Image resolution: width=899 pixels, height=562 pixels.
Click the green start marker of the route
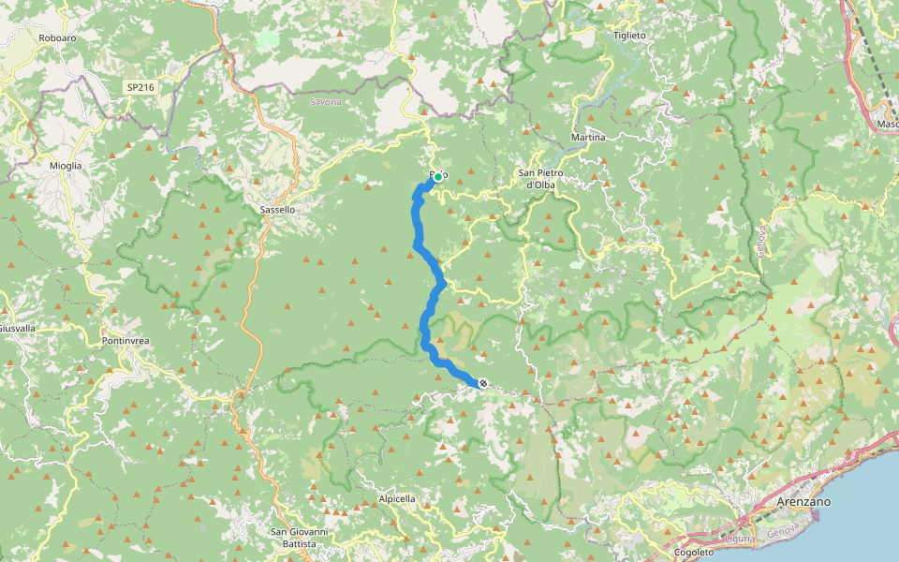click(437, 176)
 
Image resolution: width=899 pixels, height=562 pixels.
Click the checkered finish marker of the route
click(482, 382)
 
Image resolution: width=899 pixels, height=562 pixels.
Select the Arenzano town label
click(804, 502)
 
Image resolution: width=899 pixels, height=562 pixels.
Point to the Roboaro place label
click(57, 37)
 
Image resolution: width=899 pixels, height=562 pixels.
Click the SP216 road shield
click(141, 87)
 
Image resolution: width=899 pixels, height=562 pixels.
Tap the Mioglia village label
click(66, 166)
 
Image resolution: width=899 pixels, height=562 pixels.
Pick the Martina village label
click(588, 137)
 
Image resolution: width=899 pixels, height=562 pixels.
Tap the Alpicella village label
click(397, 499)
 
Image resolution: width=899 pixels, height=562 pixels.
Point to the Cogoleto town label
click(694, 553)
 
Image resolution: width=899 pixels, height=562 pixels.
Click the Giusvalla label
click(17, 329)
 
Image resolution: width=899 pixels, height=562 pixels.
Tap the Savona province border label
click(325, 101)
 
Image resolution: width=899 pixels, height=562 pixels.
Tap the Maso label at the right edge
click(887, 124)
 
